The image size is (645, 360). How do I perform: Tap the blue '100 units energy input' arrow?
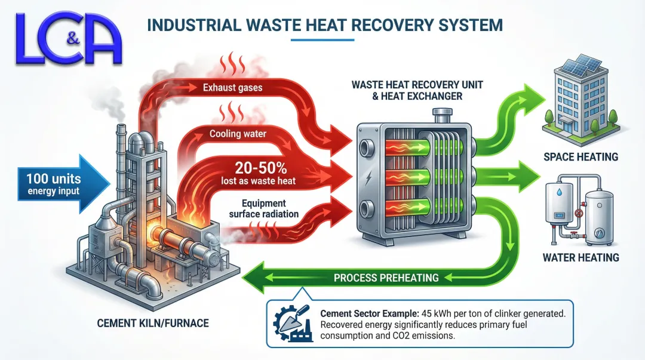tap(54, 183)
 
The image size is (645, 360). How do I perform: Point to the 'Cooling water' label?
tap(237, 134)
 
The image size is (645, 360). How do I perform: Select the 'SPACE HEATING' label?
tap(580, 157)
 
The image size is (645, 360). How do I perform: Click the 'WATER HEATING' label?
tap(580, 258)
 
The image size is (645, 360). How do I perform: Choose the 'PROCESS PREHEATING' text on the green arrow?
tap(386, 278)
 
